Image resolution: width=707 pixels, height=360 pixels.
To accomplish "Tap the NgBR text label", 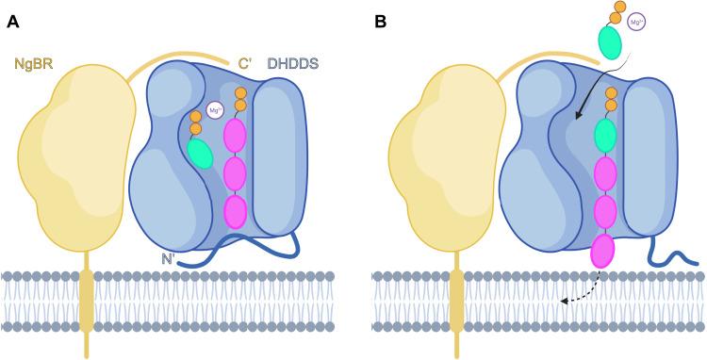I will tap(32, 64).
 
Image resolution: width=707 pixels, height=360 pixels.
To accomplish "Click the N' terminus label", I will tap(167, 253).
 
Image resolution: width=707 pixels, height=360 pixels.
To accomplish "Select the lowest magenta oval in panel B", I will tap(602, 252).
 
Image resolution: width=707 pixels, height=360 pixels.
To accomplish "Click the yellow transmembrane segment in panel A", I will tap(87, 300).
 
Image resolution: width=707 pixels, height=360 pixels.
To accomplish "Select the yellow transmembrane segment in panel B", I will tap(458, 300).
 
